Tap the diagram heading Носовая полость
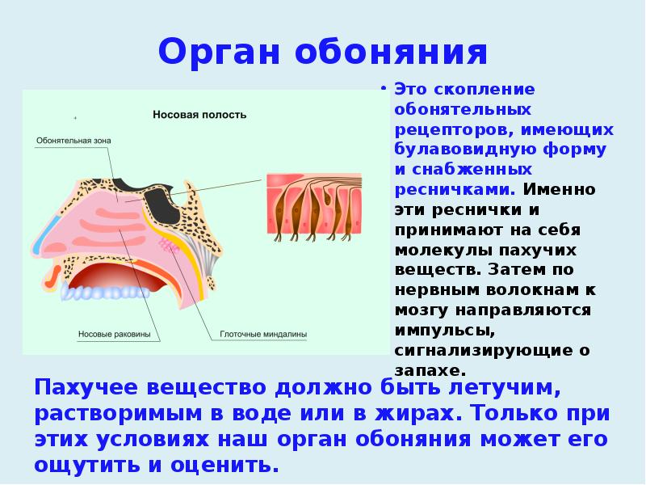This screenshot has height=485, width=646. pos(199,115)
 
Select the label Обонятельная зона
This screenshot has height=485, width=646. pos(73,140)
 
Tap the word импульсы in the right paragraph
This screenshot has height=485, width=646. pos(443,331)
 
